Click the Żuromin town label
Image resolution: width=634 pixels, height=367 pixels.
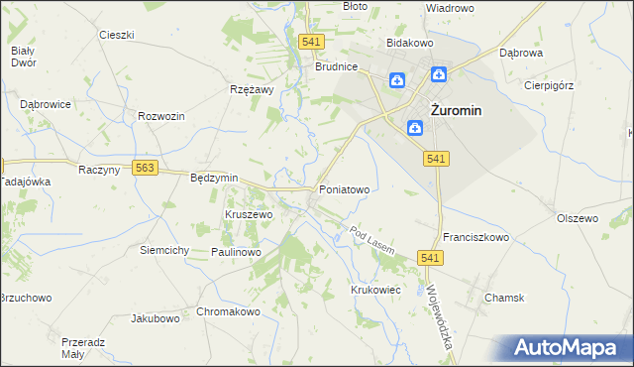(x=455, y=111)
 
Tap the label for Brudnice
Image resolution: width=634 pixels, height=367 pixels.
(x=336, y=67)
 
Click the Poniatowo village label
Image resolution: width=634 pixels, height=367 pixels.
(x=344, y=188)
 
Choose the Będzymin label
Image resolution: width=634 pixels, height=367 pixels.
(x=214, y=178)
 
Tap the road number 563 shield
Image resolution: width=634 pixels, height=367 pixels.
(x=146, y=169)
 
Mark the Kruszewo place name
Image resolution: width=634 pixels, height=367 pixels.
(x=249, y=214)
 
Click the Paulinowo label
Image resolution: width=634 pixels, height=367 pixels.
(x=235, y=253)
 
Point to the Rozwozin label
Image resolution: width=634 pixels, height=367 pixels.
(x=162, y=116)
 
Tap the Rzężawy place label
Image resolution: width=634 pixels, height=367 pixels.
(x=251, y=87)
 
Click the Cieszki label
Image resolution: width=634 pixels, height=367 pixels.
(x=116, y=35)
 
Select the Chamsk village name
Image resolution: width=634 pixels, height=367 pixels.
(x=504, y=298)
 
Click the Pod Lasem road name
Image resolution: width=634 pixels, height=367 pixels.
(x=373, y=239)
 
